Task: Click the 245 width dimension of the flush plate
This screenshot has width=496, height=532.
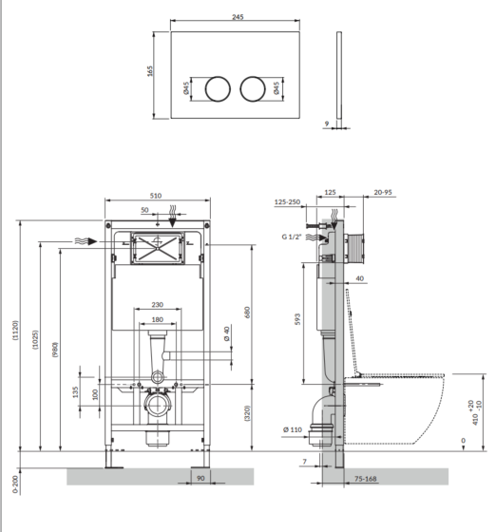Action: (238, 17)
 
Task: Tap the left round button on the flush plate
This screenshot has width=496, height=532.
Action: (218, 89)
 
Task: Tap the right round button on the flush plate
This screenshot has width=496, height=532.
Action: (253, 89)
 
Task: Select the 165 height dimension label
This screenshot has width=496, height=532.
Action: (150, 71)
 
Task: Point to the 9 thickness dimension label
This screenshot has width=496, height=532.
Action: (326, 123)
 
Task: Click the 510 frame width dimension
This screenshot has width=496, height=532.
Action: (156, 196)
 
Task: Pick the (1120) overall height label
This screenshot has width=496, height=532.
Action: (16, 330)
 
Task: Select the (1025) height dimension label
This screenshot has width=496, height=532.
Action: (35, 340)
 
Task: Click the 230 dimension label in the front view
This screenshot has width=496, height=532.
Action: (158, 305)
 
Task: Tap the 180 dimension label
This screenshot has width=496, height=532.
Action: (158, 319)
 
